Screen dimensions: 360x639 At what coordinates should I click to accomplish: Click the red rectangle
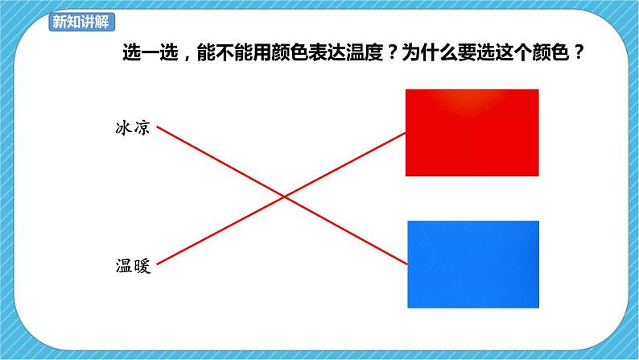472,133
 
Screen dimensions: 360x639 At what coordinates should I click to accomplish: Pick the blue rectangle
473,264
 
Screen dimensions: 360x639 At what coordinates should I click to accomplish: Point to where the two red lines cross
282,196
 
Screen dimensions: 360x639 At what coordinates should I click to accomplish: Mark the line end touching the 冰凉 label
158,127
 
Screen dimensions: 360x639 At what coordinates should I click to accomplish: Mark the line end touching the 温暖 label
158,263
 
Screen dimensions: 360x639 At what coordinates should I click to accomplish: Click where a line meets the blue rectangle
407,263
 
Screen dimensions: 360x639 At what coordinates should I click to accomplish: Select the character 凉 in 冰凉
142,128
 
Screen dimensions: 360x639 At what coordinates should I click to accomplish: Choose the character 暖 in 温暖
142,263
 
